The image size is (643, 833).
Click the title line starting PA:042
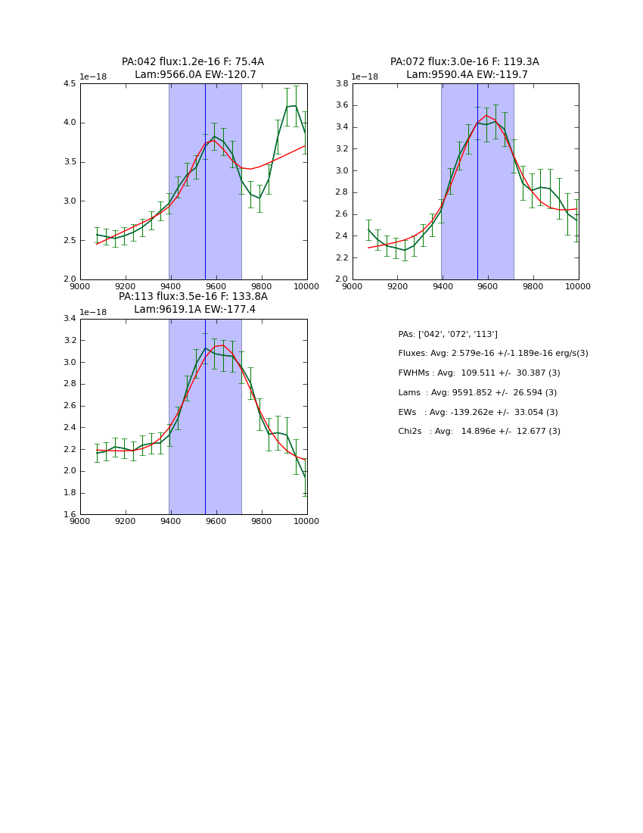click(x=193, y=62)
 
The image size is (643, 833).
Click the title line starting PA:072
click(x=464, y=62)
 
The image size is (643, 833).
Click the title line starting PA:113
click(x=193, y=297)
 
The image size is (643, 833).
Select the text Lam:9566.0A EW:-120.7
click(x=195, y=75)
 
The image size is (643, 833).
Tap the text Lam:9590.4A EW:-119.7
click(x=467, y=75)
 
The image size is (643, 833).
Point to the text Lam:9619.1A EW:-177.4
click(x=194, y=310)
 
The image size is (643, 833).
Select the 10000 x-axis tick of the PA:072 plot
click(x=578, y=286)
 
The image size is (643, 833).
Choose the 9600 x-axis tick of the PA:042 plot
click(x=216, y=286)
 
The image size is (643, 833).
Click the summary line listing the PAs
click(x=448, y=334)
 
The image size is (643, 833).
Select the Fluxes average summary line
click(x=492, y=354)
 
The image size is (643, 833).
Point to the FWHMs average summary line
click(x=479, y=373)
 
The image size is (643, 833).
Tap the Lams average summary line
click(x=477, y=393)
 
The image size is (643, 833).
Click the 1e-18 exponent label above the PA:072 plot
click(x=365, y=77)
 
